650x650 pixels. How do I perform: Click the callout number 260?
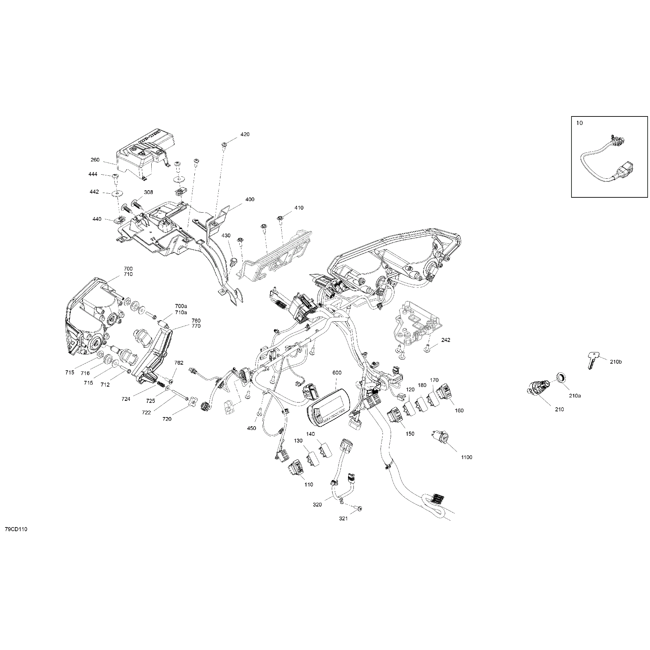[x=95, y=160]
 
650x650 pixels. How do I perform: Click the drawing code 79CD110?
[x=16, y=539]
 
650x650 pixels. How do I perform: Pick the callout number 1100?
[x=467, y=457]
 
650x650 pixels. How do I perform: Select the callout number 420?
[x=245, y=134]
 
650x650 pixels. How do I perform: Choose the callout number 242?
[x=446, y=340]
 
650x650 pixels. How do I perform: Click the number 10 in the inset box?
[x=579, y=123]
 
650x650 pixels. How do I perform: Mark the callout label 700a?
[x=181, y=306]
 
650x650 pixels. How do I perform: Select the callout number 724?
[x=126, y=399]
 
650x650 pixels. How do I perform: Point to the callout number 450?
[x=252, y=428]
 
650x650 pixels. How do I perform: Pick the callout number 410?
[x=299, y=208]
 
